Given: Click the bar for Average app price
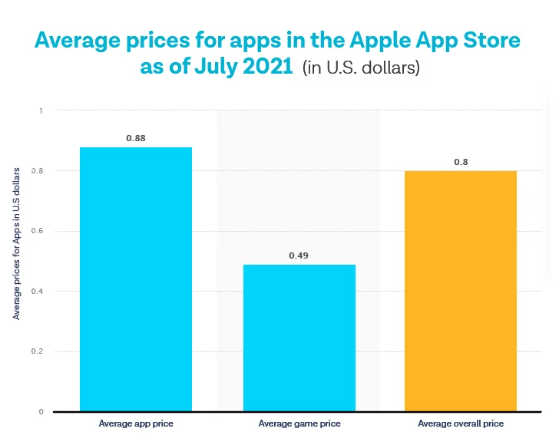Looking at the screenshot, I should coord(136,279).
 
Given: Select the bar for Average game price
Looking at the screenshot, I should coord(299,338).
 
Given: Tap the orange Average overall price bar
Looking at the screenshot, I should coord(461,291).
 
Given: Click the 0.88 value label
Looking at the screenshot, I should coord(136,138).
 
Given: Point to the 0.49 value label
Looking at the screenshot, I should coord(299,255).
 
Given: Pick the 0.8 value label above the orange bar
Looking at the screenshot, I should coord(461,162).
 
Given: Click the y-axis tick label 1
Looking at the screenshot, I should coord(41,111).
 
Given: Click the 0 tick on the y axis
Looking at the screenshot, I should coord(41,412).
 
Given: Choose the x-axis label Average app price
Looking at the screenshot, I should coord(136,424).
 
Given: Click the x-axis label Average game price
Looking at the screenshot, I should coord(299,424).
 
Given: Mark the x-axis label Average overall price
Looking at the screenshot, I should coord(461,424).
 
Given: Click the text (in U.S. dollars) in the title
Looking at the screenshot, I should coord(360,68).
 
